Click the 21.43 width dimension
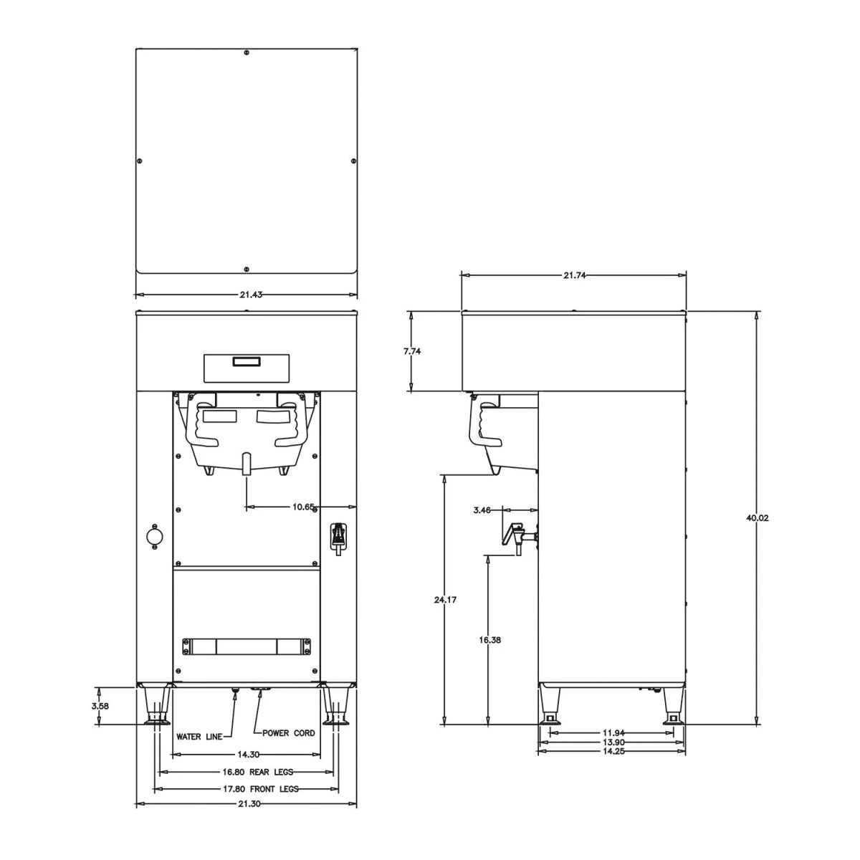tap(246, 295)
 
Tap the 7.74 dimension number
tap(411, 351)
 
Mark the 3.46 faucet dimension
tap(482, 510)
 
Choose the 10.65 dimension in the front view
tap(303, 507)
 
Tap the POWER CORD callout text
tap(288, 733)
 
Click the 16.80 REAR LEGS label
tap(247, 772)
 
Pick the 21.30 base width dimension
tap(247, 804)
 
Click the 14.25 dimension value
tap(611, 752)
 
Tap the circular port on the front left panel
tap(153, 535)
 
